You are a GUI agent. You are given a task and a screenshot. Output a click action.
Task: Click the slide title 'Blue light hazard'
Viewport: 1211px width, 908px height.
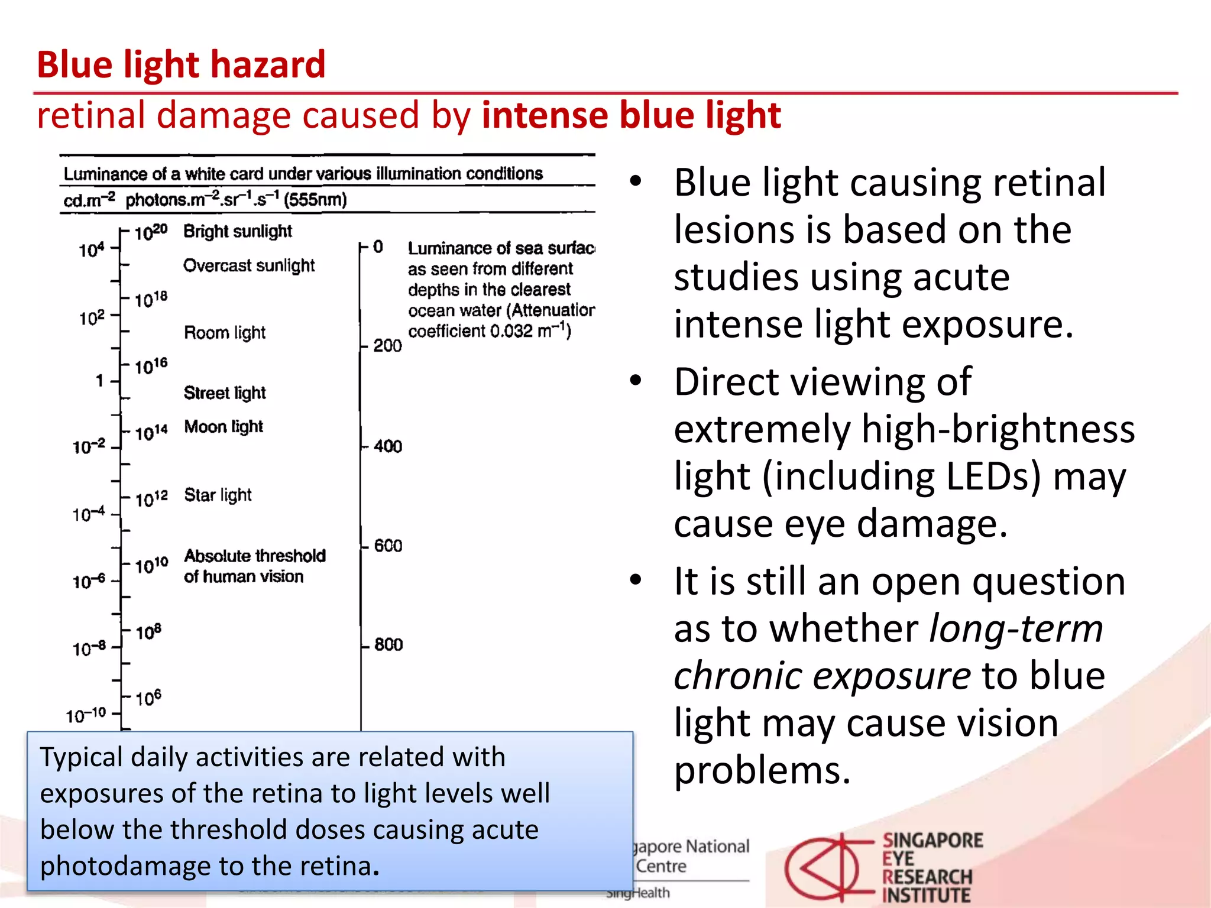tap(181, 64)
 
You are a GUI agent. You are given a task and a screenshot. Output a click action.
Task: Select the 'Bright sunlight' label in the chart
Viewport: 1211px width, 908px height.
tap(238, 231)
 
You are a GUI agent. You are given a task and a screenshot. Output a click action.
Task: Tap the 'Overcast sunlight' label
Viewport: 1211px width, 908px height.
tap(249, 265)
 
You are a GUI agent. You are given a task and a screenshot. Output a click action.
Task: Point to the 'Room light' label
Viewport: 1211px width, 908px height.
tap(225, 332)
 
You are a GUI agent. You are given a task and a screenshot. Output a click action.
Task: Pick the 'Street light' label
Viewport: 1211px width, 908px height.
tap(225, 393)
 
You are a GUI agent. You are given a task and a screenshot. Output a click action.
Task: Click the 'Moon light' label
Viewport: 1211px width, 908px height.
tap(224, 426)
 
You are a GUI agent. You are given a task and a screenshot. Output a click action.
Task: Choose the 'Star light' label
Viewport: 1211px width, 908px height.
tap(218, 495)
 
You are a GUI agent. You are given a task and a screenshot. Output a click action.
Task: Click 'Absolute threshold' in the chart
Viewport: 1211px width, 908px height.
tap(255, 556)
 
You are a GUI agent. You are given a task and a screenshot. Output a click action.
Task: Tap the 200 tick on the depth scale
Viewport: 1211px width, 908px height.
tap(387, 346)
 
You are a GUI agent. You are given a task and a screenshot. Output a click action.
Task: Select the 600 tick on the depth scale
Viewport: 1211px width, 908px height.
tap(388, 546)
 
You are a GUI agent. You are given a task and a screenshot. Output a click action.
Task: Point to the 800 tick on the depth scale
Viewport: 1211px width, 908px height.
tap(388, 644)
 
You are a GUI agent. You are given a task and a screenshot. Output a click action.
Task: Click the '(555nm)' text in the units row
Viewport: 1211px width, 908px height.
tap(315, 200)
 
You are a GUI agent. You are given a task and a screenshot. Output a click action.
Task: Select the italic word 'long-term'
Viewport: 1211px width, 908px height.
tap(1016, 628)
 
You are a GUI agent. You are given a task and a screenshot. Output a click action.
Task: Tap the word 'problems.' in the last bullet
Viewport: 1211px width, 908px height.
tap(762, 771)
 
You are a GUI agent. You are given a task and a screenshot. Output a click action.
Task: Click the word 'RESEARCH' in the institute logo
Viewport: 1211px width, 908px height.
tap(927, 877)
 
